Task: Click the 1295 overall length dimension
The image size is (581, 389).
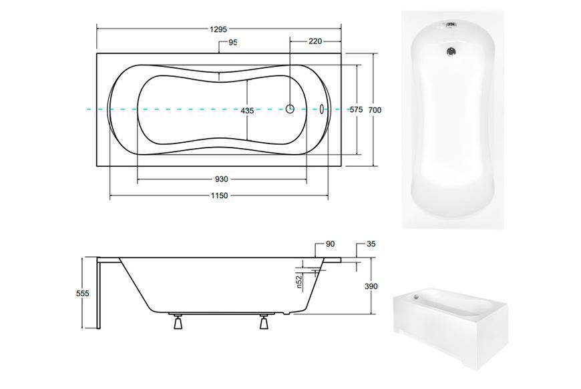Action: [218, 29]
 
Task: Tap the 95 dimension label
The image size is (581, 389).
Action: [232, 42]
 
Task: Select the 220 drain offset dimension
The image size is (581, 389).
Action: [315, 41]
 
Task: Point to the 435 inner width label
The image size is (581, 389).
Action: [247, 110]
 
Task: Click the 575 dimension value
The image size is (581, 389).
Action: [357, 109]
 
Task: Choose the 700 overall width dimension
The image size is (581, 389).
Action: [375, 110]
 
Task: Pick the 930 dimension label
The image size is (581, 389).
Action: [222, 179]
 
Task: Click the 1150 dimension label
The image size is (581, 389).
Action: [219, 196]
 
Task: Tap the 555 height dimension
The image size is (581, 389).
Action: [83, 293]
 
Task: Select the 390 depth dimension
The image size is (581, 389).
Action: [371, 286]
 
